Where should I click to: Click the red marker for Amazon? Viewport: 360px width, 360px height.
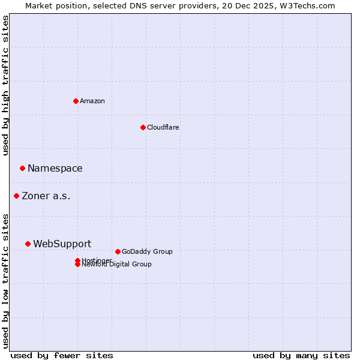76,101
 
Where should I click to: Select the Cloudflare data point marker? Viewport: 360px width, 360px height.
143,127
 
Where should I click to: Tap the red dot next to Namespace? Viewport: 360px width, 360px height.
22,168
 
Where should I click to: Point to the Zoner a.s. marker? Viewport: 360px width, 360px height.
16,196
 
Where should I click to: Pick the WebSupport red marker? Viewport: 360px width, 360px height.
28,244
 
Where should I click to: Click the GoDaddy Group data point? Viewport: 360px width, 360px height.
118,251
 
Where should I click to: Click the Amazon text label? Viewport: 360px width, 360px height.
92,101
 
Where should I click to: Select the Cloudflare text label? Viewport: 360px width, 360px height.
163,127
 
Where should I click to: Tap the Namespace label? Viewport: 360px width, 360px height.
55,169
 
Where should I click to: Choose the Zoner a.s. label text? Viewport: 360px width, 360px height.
46,196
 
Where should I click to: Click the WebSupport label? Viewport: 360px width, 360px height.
62,244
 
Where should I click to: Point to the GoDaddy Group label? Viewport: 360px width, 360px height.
146,251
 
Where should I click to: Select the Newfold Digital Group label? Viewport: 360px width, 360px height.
116,265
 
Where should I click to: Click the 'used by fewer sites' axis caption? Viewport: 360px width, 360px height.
62,355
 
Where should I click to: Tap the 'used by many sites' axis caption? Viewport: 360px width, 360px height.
301,355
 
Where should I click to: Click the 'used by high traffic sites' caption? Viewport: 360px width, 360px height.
6,85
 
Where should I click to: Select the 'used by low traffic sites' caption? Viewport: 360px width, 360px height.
6,280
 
